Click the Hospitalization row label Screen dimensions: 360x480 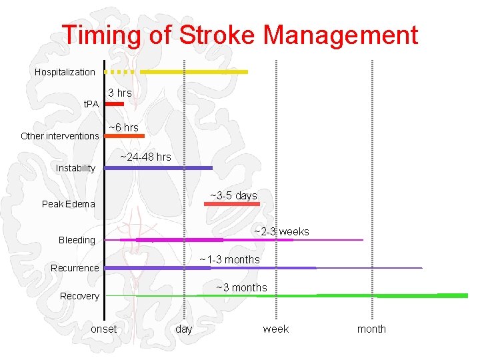[x=65, y=72]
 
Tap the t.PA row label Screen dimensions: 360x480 [x=90, y=104]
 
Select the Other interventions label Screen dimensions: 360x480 [x=60, y=136]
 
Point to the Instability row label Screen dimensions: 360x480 [x=75, y=168]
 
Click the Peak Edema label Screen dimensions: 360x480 [x=68, y=204]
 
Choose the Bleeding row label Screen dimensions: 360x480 [x=77, y=240]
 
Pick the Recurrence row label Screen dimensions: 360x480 [x=75, y=268]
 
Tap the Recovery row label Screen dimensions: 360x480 [x=79, y=296]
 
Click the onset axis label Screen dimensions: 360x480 [x=103, y=329]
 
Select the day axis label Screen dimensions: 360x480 [x=183, y=329]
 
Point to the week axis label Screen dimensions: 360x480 [x=275, y=329]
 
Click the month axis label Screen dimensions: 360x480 [x=371, y=329]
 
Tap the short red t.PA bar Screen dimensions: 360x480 [x=115, y=104]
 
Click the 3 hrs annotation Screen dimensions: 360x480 [x=120, y=93]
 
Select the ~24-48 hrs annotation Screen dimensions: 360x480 [x=145, y=157]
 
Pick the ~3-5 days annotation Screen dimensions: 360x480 [x=233, y=196]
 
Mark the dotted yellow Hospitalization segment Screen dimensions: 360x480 [x=121, y=71]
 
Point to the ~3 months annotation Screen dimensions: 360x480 [x=241, y=288]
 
